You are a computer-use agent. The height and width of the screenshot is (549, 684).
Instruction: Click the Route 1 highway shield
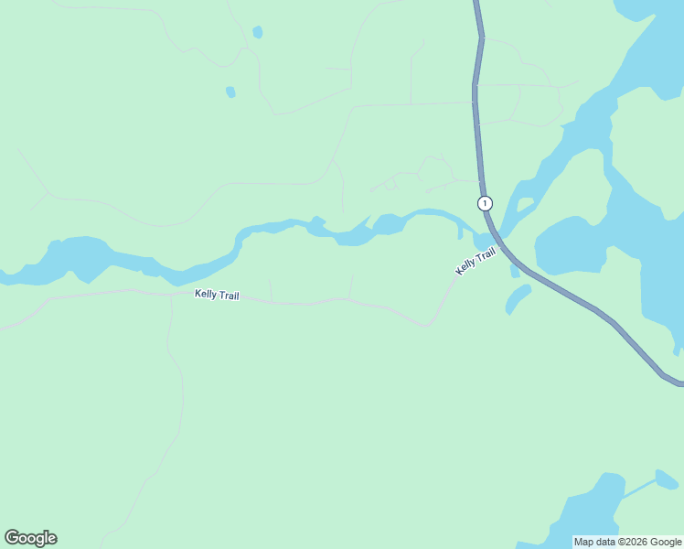click(x=485, y=203)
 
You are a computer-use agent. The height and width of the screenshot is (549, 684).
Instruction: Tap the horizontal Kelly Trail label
click(x=217, y=295)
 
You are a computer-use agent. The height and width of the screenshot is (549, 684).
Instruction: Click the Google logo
click(x=30, y=538)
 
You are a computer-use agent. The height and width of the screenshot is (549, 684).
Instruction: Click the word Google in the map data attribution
click(x=667, y=542)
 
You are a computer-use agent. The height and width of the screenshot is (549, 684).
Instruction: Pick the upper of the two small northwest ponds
click(x=258, y=32)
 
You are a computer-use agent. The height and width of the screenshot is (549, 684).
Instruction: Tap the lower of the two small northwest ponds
click(x=230, y=91)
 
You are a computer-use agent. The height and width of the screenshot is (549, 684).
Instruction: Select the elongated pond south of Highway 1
click(x=518, y=297)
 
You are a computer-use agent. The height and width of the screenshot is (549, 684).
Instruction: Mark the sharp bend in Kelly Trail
click(x=427, y=325)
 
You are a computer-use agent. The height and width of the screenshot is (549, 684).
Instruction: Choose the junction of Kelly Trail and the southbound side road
click(x=172, y=296)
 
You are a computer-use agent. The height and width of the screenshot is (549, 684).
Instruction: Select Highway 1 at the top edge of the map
click(x=476, y=5)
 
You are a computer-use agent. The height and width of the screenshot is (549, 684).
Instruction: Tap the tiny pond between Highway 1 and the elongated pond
click(x=515, y=272)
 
